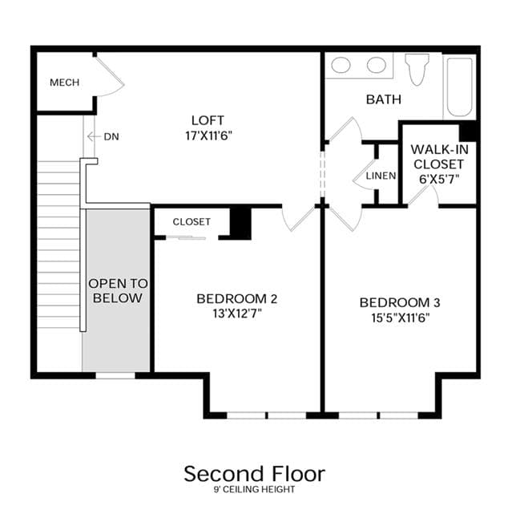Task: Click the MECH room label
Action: click(x=64, y=82)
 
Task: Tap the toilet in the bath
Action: click(x=417, y=69)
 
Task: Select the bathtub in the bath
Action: click(x=459, y=87)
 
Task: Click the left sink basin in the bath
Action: click(x=341, y=65)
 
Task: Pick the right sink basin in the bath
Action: click(x=377, y=65)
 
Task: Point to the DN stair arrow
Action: click(x=94, y=136)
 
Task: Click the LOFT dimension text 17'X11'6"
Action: click(x=208, y=136)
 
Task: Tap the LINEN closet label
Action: click(x=381, y=176)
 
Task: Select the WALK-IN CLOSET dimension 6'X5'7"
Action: click(x=439, y=179)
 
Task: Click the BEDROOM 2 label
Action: click(x=236, y=298)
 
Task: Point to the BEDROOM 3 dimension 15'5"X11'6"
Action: click(x=401, y=318)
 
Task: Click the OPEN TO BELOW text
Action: click(x=118, y=290)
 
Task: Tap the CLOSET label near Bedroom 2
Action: click(x=191, y=221)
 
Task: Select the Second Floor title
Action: click(x=254, y=474)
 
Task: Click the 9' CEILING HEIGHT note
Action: click(x=254, y=489)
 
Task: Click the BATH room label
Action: click(x=384, y=99)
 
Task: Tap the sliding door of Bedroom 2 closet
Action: click(x=186, y=238)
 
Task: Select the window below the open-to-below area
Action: click(x=115, y=375)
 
